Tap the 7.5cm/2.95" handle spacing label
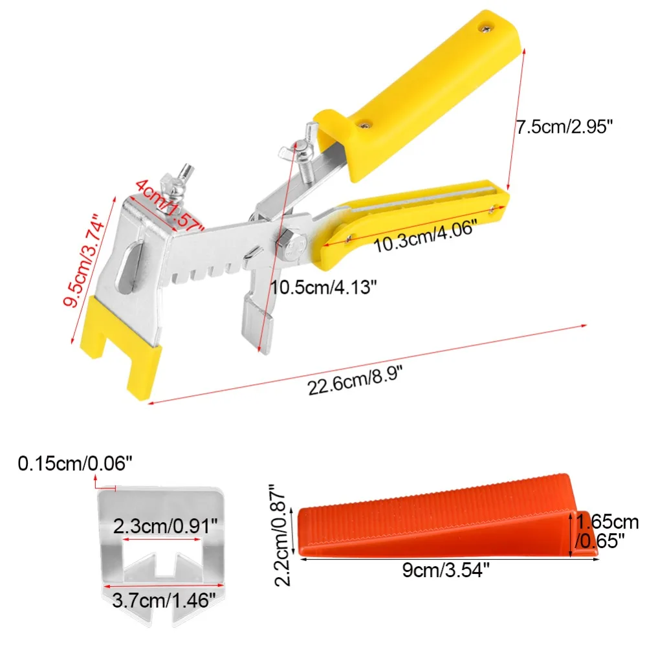click(564, 127)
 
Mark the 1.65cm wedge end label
click(607, 521)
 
